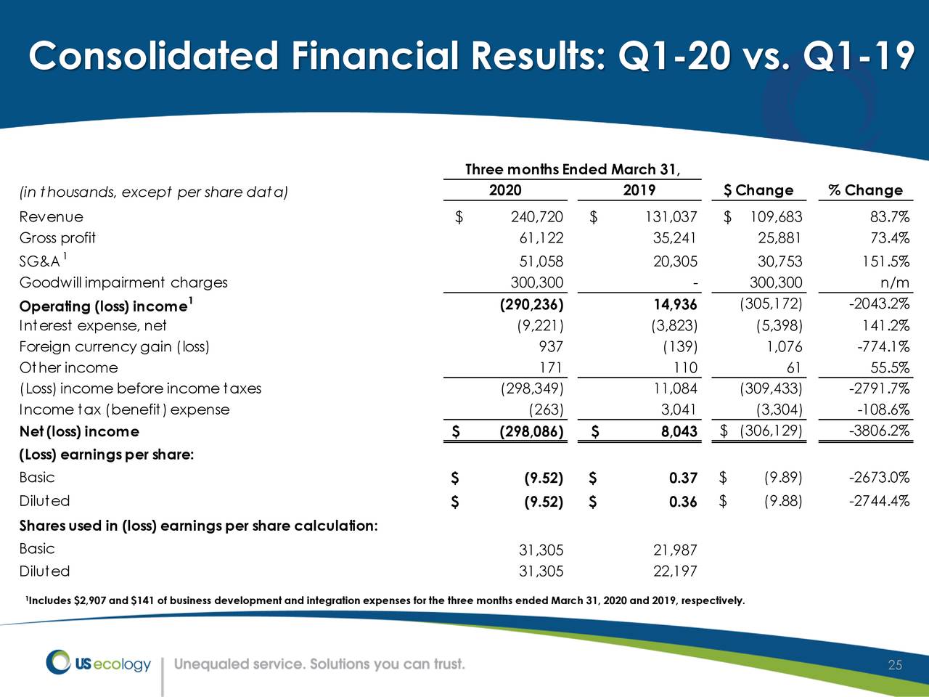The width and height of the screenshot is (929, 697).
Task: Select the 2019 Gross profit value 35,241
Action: (675, 238)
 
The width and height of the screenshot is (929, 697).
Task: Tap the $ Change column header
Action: (758, 190)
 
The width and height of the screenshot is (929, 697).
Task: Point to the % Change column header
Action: (865, 190)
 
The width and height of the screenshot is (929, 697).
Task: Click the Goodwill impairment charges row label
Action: (123, 282)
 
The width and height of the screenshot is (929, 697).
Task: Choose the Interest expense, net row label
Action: (93, 325)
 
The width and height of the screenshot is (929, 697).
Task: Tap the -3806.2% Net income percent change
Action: (880, 431)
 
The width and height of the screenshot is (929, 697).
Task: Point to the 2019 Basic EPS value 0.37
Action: (683, 478)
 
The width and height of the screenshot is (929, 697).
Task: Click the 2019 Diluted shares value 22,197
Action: (675, 571)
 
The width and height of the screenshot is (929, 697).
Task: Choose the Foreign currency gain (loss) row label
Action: (114, 346)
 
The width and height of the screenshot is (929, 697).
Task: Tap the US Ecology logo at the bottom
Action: (99, 663)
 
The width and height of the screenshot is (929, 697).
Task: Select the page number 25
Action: (895, 666)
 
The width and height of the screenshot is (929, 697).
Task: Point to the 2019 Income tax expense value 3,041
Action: (679, 409)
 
